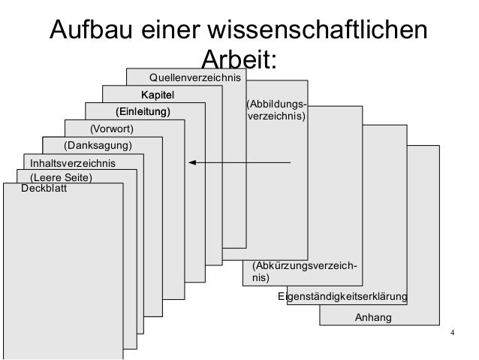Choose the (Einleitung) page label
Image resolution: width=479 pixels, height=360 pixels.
point(143,112)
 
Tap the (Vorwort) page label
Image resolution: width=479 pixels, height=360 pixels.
point(111,129)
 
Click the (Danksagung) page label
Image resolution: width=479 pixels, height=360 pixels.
point(98,145)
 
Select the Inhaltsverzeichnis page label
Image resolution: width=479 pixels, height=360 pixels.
point(73,162)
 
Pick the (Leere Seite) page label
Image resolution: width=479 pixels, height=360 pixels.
point(60,177)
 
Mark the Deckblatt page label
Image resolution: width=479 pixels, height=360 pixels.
point(44,189)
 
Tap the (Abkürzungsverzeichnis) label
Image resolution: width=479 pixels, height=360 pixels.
point(303,271)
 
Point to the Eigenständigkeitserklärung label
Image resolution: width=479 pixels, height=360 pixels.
point(342,298)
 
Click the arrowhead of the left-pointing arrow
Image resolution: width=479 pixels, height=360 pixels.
point(192,162)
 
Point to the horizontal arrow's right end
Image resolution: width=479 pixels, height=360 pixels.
point(290,162)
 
